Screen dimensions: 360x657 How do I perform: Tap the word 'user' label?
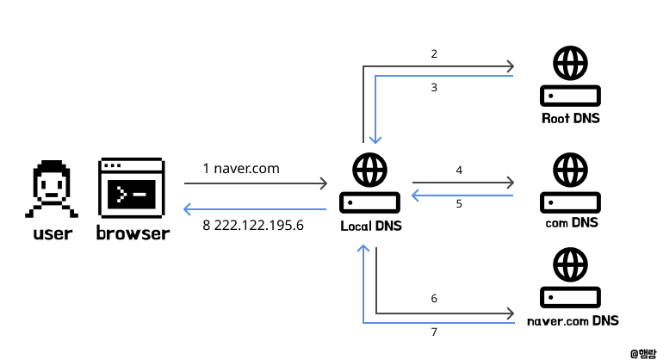point(52,233)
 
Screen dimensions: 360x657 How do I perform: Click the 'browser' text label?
point(133,233)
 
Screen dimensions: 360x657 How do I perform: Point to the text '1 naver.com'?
point(241,168)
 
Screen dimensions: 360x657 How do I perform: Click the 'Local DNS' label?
point(370,226)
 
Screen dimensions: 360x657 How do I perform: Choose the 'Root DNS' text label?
point(569,118)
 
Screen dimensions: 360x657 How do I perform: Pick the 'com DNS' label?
point(571,222)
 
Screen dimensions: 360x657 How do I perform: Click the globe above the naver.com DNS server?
point(569,264)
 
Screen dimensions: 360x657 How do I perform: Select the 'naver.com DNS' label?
point(572,320)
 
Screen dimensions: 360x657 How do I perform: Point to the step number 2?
point(435,53)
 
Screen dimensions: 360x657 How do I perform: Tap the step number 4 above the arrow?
point(459,171)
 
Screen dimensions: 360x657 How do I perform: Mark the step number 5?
point(459,204)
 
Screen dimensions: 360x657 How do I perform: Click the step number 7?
point(435,332)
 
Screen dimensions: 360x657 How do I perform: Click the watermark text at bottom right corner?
point(641,352)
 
